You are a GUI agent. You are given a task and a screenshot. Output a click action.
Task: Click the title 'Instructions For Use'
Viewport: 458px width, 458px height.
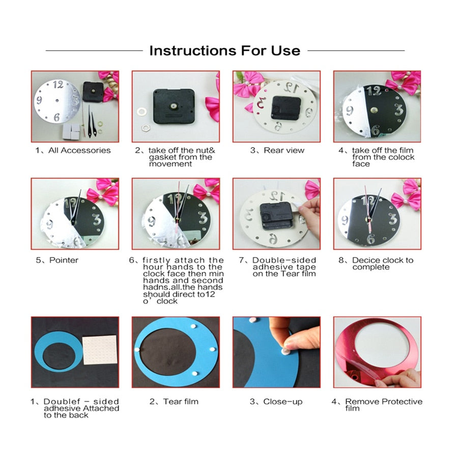(224, 51)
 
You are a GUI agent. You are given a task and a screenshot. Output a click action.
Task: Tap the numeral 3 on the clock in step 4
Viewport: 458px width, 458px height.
(398, 109)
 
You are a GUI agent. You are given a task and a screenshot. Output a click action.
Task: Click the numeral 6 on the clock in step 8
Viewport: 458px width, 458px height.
(371, 239)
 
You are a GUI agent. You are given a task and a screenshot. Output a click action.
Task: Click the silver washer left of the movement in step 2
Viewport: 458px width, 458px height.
(141, 110)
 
